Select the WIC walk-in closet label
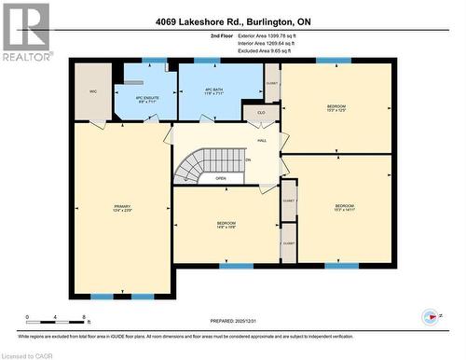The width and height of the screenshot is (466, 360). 93,91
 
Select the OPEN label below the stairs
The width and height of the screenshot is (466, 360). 220,178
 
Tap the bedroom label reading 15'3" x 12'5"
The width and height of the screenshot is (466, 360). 336,109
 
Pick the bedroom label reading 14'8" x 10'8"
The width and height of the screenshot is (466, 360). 226,226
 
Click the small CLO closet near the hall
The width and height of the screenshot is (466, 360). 260,113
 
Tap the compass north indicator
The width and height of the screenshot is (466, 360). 430,317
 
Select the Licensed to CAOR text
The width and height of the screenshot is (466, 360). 27,355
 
